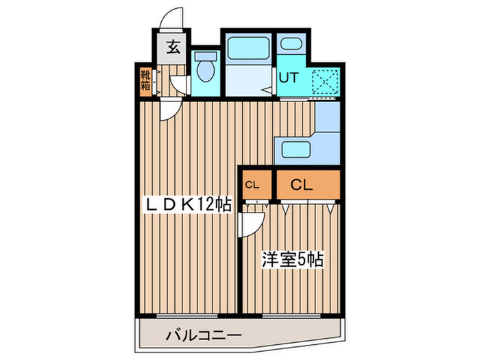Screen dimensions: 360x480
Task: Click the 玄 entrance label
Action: pos(174,48)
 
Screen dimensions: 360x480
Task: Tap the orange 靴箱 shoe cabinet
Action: pos(146,82)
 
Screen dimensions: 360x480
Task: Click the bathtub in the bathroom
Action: pos(249,49)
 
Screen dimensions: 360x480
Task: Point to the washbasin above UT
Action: pos(291,47)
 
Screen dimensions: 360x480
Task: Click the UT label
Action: pos(288,77)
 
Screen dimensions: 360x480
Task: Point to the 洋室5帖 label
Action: pos(292,260)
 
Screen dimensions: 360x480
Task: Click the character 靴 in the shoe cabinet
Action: pos(146,75)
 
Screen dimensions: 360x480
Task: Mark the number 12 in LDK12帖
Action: pos(204,204)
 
